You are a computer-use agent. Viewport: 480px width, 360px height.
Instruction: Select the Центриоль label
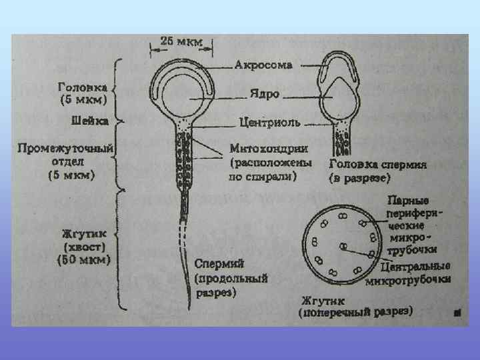[269, 125]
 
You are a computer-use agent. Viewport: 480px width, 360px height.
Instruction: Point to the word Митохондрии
[264, 147]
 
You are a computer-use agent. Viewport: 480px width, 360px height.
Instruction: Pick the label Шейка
[90, 121]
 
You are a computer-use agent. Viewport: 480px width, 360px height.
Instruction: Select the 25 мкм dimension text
[181, 40]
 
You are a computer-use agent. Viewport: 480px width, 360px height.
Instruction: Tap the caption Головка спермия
[371, 165]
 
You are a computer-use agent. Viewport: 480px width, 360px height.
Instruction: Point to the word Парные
[408, 201]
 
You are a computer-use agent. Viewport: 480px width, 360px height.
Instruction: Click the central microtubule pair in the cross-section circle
[342, 247]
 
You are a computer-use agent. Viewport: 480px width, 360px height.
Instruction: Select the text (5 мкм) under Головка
[85, 100]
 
